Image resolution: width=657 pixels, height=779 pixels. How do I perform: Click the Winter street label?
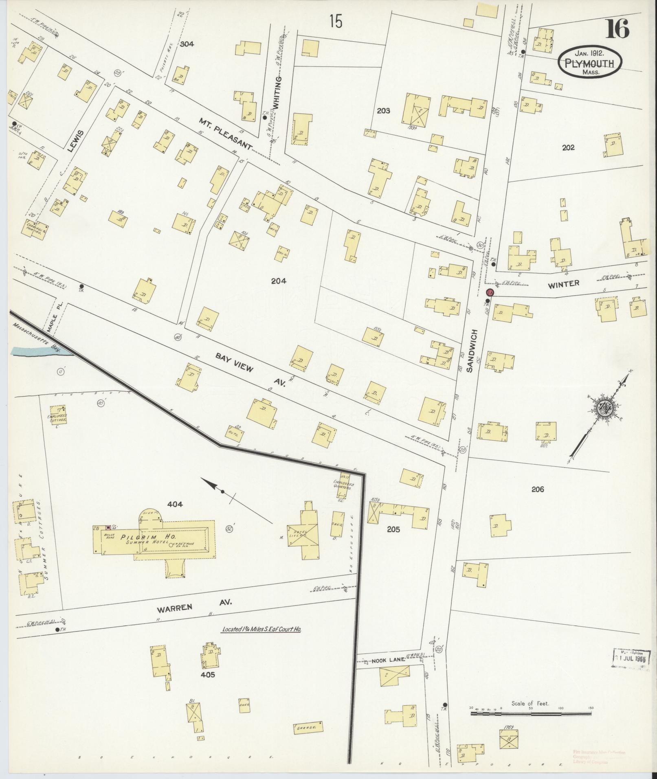tap(563, 284)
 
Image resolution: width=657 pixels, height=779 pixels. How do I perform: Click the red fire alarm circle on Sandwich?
tap(490, 292)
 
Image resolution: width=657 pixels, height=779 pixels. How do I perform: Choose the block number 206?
tap(538, 489)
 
